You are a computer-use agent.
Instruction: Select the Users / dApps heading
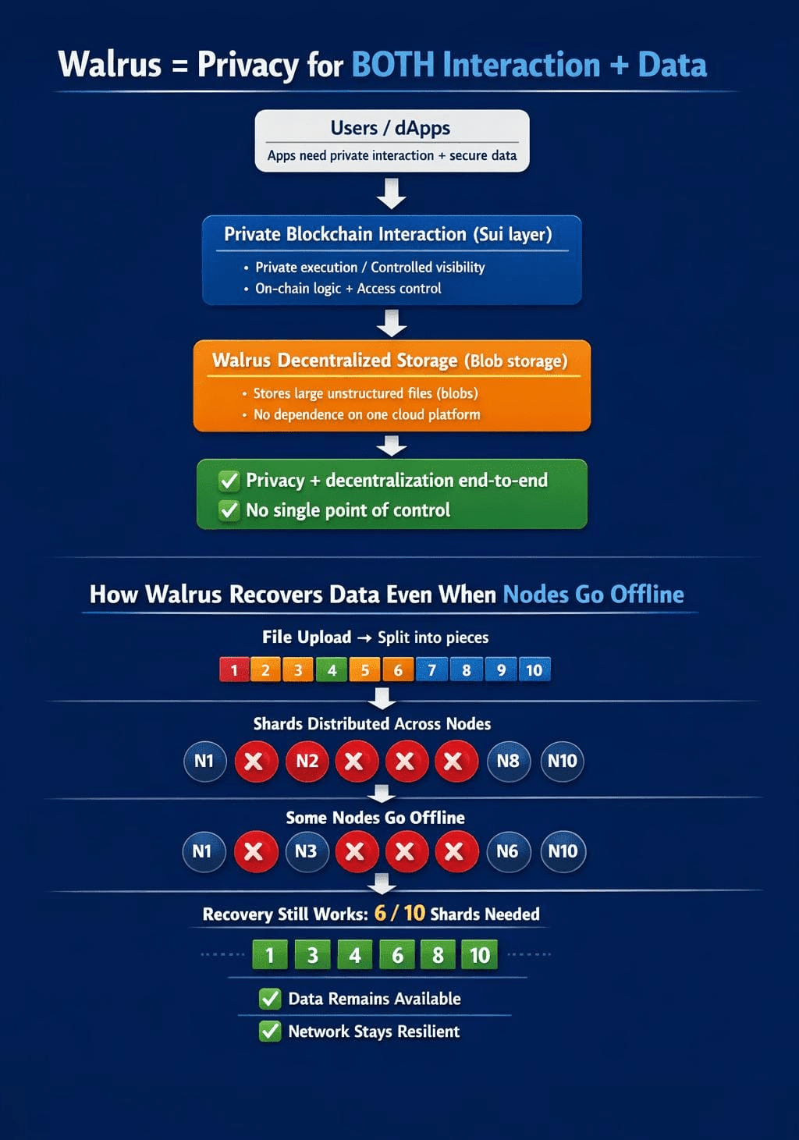[x=390, y=128]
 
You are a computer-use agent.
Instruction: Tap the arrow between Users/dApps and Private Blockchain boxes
[x=391, y=194]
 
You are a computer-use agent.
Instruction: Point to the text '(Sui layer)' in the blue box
[x=513, y=234]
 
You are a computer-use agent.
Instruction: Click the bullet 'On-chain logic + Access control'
[x=348, y=289]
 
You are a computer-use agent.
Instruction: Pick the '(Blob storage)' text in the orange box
[x=516, y=361]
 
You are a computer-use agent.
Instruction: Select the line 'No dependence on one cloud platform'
[x=367, y=414]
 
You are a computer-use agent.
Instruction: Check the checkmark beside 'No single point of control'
[x=229, y=510]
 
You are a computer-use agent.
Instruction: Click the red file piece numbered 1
[x=234, y=670]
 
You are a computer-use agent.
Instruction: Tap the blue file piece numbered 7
[x=432, y=670]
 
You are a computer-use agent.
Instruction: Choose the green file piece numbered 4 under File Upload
[x=332, y=670]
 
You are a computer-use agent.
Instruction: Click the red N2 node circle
[x=307, y=762]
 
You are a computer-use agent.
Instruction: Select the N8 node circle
[x=508, y=762]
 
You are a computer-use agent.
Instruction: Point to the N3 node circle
[x=306, y=851]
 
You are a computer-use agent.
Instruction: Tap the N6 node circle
[x=507, y=851]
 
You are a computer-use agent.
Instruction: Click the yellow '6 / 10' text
[x=399, y=913]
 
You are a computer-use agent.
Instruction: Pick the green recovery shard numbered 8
[x=438, y=955]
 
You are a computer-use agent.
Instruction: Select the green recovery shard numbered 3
[x=312, y=955]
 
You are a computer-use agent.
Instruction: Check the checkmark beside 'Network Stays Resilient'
[x=270, y=1032]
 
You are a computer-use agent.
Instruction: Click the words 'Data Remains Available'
[x=375, y=999]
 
